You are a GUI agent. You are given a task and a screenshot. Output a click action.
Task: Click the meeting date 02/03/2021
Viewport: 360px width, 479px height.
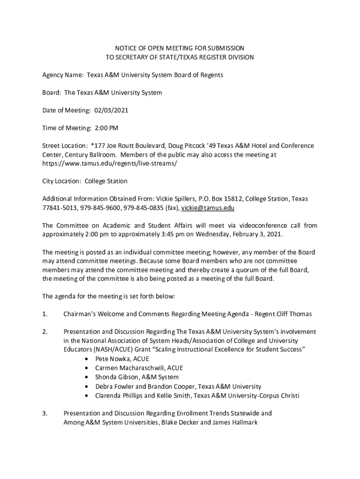pyautogui.click(x=111, y=110)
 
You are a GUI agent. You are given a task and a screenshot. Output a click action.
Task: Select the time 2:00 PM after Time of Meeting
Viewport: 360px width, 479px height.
pyautogui.click(x=107, y=128)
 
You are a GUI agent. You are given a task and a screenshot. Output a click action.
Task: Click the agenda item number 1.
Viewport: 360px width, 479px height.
pyautogui.click(x=45, y=314)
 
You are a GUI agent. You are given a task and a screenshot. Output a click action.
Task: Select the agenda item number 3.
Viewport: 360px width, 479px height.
pyautogui.click(x=45, y=414)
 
